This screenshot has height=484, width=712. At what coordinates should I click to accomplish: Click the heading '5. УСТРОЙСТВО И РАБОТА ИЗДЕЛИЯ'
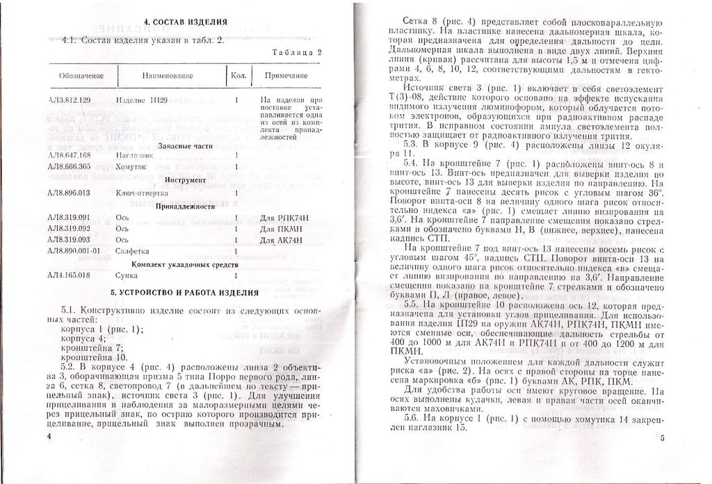pos(184,291)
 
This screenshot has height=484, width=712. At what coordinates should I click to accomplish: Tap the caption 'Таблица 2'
pos(296,52)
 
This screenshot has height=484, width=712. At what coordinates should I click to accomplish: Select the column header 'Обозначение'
pos(81,75)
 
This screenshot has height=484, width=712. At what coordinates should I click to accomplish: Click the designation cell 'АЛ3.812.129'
pos(70,101)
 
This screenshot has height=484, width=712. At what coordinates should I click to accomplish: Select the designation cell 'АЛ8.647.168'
pos(70,154)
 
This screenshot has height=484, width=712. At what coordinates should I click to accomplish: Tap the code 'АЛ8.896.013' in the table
pos(70,193)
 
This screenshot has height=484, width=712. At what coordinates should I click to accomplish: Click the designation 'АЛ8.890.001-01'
pos(75,250)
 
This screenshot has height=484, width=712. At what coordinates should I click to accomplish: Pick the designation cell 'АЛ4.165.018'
pos(70,276)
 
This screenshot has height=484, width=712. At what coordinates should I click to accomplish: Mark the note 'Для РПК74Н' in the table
pos(279,218)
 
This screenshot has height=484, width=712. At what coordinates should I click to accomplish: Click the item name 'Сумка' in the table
pos(126,276)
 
